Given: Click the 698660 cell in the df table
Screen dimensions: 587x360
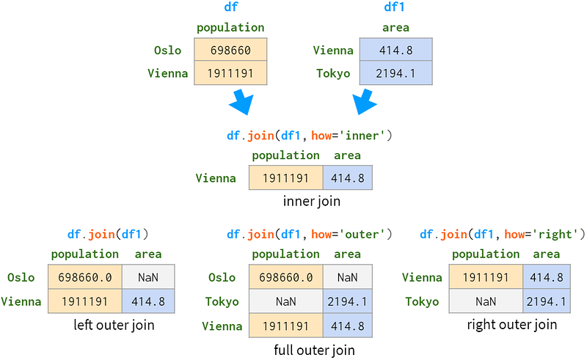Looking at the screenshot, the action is [230, 50].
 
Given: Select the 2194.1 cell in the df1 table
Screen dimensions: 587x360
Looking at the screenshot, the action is [396, 73].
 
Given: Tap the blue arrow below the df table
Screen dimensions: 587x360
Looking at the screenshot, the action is [241, 102].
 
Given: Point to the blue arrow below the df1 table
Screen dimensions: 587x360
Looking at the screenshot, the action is [365, 102].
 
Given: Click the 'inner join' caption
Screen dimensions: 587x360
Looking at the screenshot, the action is [311, 202].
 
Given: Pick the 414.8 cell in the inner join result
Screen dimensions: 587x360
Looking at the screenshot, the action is [348, 177].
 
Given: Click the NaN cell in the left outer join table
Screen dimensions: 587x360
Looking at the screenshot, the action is [148, 277].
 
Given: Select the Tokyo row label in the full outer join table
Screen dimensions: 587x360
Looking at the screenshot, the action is [222, 301].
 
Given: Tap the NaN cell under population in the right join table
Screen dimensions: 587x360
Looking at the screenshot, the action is [486, 301].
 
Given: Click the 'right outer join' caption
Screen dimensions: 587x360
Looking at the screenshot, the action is [511, 325].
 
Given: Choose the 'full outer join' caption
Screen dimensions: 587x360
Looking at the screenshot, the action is [314, 350].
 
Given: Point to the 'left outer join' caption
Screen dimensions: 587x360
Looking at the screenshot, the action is [114, 325].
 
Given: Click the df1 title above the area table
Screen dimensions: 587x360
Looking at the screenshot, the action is [394, 7].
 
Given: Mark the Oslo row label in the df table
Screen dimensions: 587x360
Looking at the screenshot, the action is [168, 50].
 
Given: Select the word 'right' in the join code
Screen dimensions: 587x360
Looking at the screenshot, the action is [555, 235].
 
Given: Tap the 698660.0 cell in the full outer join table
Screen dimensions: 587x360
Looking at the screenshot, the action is [286, 277].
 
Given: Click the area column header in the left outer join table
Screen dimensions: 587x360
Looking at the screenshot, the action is [148, 254].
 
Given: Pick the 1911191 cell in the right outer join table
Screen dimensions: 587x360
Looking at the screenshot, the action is [486, 277].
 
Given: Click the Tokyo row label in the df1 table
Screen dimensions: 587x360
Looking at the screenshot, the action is [333, 73].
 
